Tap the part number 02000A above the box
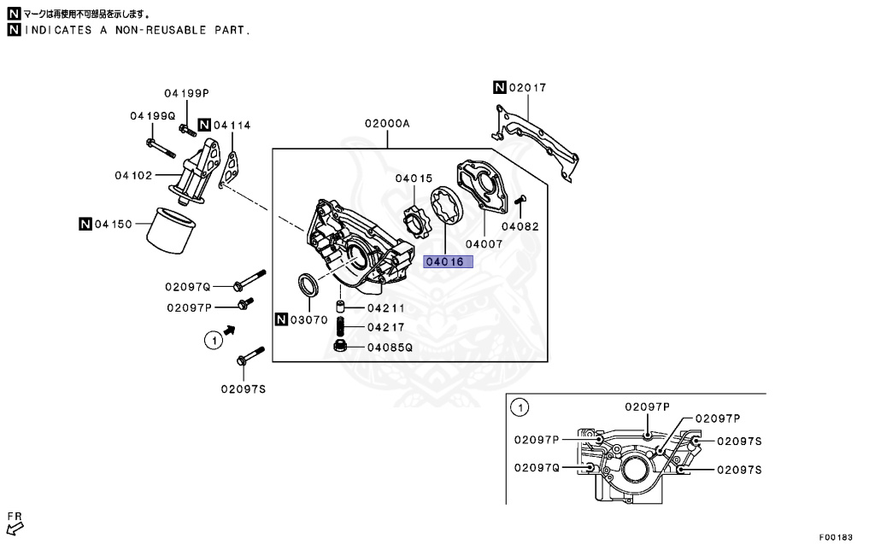click(x=387, y=124)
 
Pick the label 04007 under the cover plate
click(x=484, y=243)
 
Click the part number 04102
click(x=132, y=176)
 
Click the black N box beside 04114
click(x=204, y=126)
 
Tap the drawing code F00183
click(x=836, y=537)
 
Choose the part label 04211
click(x=386, y=307)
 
